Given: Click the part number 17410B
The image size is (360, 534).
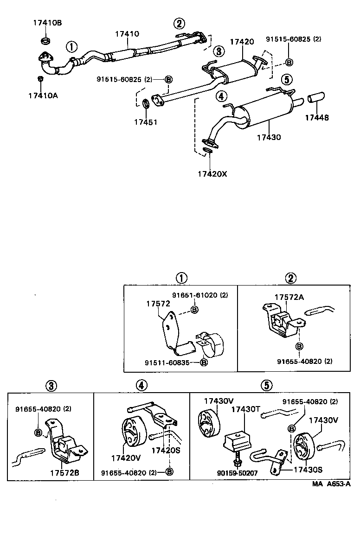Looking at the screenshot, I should [x=46, y=22].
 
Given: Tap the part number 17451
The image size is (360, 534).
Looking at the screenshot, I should [x=146, y=122].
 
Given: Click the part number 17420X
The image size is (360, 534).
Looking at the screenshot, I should [x=212, y=174].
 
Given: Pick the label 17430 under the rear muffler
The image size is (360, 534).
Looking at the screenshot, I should [x=269, y=137].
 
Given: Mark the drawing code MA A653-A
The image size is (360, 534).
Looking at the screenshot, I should [x=331, y=484].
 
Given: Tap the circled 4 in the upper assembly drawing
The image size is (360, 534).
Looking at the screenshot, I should [x=221, y=96].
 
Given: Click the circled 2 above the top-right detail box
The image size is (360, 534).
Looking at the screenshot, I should [x=290, y=278].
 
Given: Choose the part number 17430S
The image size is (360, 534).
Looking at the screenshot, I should [x=308, y=469].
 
